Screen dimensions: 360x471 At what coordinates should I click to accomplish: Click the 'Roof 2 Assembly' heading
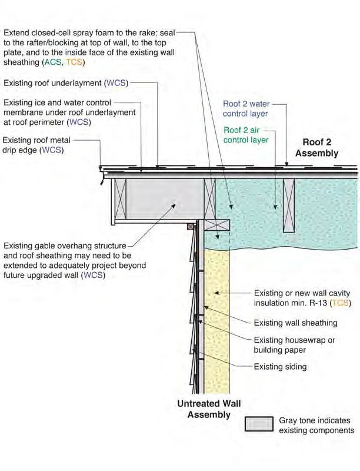pyautogui.click(x=317, y=148)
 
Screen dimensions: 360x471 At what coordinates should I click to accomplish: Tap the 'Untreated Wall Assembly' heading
pyautogui.click(x=209, y=409)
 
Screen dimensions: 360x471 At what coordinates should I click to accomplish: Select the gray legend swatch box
pyautogui.click(x=259, y=424)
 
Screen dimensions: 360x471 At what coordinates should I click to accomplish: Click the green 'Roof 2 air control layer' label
pyautogui.click(x=246, y=135)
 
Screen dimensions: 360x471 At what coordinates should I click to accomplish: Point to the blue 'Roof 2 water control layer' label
pyautogui.click(x=246, y=109)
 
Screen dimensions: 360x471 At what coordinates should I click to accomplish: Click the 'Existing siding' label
pyautogui.click(x=280, y=366)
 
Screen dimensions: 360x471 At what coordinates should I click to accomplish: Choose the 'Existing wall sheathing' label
pyautogui.click(x=295, y=323)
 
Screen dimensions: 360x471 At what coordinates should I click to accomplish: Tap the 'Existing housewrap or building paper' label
pyautogui.click(x=294, y=345)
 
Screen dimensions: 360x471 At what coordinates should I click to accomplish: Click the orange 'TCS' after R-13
pyautogui.click(x=341, y=303)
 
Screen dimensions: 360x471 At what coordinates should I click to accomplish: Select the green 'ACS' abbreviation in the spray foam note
pyautogui.click(x=53, y=62)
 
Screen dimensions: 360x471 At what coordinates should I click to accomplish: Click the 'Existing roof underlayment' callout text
pyautogui.click(x=66, y=83)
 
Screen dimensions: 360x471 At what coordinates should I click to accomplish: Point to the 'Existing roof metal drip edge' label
pyautogui.click(x=36, y=145)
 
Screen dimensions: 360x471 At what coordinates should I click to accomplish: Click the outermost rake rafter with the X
pyautogui.click(x=121, y=199)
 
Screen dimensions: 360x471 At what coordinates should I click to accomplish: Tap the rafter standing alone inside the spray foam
pyautogui.click(x=289, y=205)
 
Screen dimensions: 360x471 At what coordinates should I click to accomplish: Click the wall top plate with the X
pyautogui.click(x=217, y=225)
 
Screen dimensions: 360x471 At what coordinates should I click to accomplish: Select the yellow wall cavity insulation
pyautogui.click(x=217, y=321)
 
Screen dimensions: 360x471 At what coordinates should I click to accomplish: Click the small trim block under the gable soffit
pyautogui.click(x=191, y=227)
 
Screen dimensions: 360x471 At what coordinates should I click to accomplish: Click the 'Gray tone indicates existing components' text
pyautogui.click(x=316, y=425)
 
